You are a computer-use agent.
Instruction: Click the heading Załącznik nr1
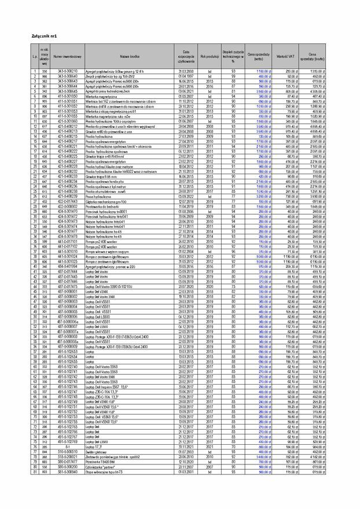[x=44, y=36]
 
